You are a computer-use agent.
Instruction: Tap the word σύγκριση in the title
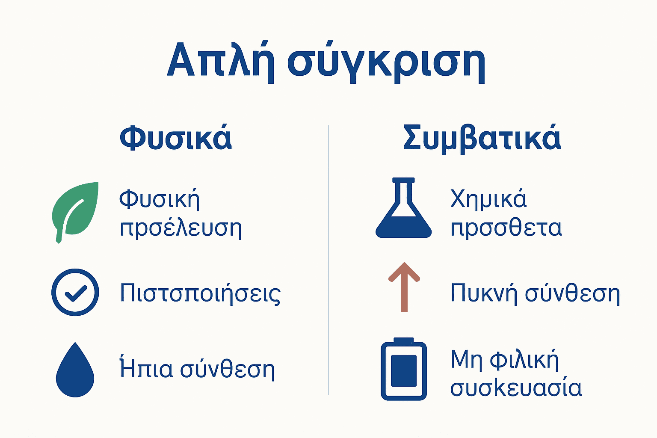coord(386,62)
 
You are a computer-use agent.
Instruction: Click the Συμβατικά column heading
coord(482,138)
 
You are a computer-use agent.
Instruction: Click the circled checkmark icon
coord(75,292)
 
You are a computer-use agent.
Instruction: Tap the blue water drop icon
coord(75,370)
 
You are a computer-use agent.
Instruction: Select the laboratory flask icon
coord(403,209)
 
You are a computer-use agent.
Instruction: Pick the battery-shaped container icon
coord(404,370)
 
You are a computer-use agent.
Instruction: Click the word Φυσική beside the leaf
coord(159,199)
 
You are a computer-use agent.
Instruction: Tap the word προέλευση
coord(181,228)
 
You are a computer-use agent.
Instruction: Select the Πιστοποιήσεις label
coord(200,293)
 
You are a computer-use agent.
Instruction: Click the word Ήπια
coord(146,368)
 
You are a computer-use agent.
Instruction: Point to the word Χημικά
coord(488,199)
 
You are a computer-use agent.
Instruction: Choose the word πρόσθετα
coord(506,228)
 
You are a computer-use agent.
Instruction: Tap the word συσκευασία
coord(516,388)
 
